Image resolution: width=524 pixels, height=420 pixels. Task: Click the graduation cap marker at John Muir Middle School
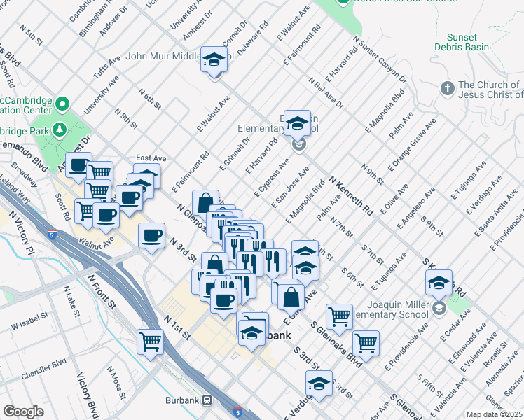click(x=214, y=60)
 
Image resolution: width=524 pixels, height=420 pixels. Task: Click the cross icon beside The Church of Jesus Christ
click(x=447, y=89)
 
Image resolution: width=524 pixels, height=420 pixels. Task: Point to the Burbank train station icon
click(x=207, y=400)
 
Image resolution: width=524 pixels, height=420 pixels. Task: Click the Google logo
click(x=23, y=412)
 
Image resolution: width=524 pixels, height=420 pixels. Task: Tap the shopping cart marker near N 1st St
click(x=151, y=342)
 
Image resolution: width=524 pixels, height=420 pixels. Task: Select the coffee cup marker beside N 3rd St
click(x=152, y=236)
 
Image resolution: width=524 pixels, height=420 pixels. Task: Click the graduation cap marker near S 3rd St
click(x=319, y=384)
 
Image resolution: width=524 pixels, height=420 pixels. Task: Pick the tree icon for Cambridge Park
click(x=61, y=129)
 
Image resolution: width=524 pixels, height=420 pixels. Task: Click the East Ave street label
click(x=150, y=158)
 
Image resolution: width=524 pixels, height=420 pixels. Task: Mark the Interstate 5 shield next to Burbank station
click(x=238, y=413)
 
